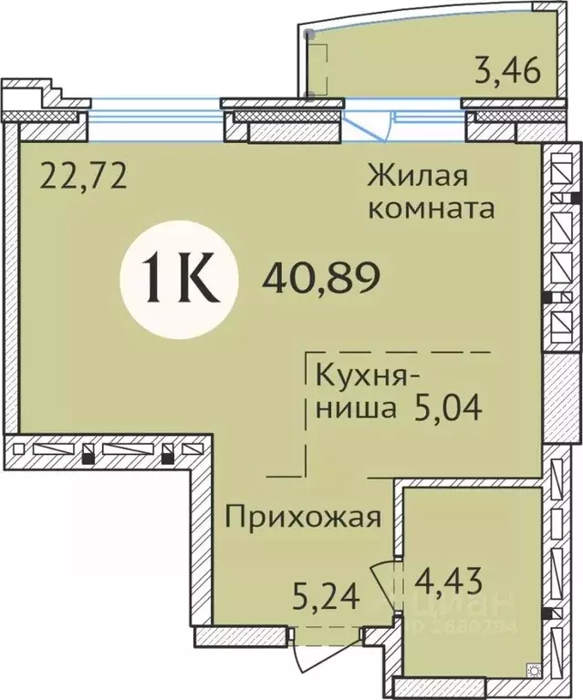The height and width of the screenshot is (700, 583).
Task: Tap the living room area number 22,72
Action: click(82, 171)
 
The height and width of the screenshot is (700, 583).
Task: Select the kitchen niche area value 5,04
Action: click(447, 406)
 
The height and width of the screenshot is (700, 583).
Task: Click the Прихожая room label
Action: click(301, 519)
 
